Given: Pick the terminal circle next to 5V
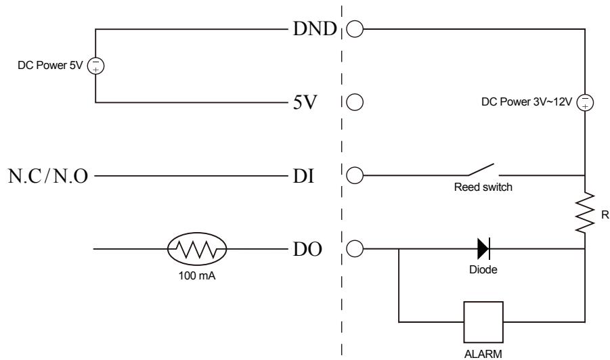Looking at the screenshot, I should pyautogui.click(x=355, y=104).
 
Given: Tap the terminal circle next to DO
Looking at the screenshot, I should pyautogui.click(x=355, y=250).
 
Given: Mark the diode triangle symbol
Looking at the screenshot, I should pyautogui.click(x=483, y=250).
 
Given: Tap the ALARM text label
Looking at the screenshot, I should pyautogui.click(x=483, y=353).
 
